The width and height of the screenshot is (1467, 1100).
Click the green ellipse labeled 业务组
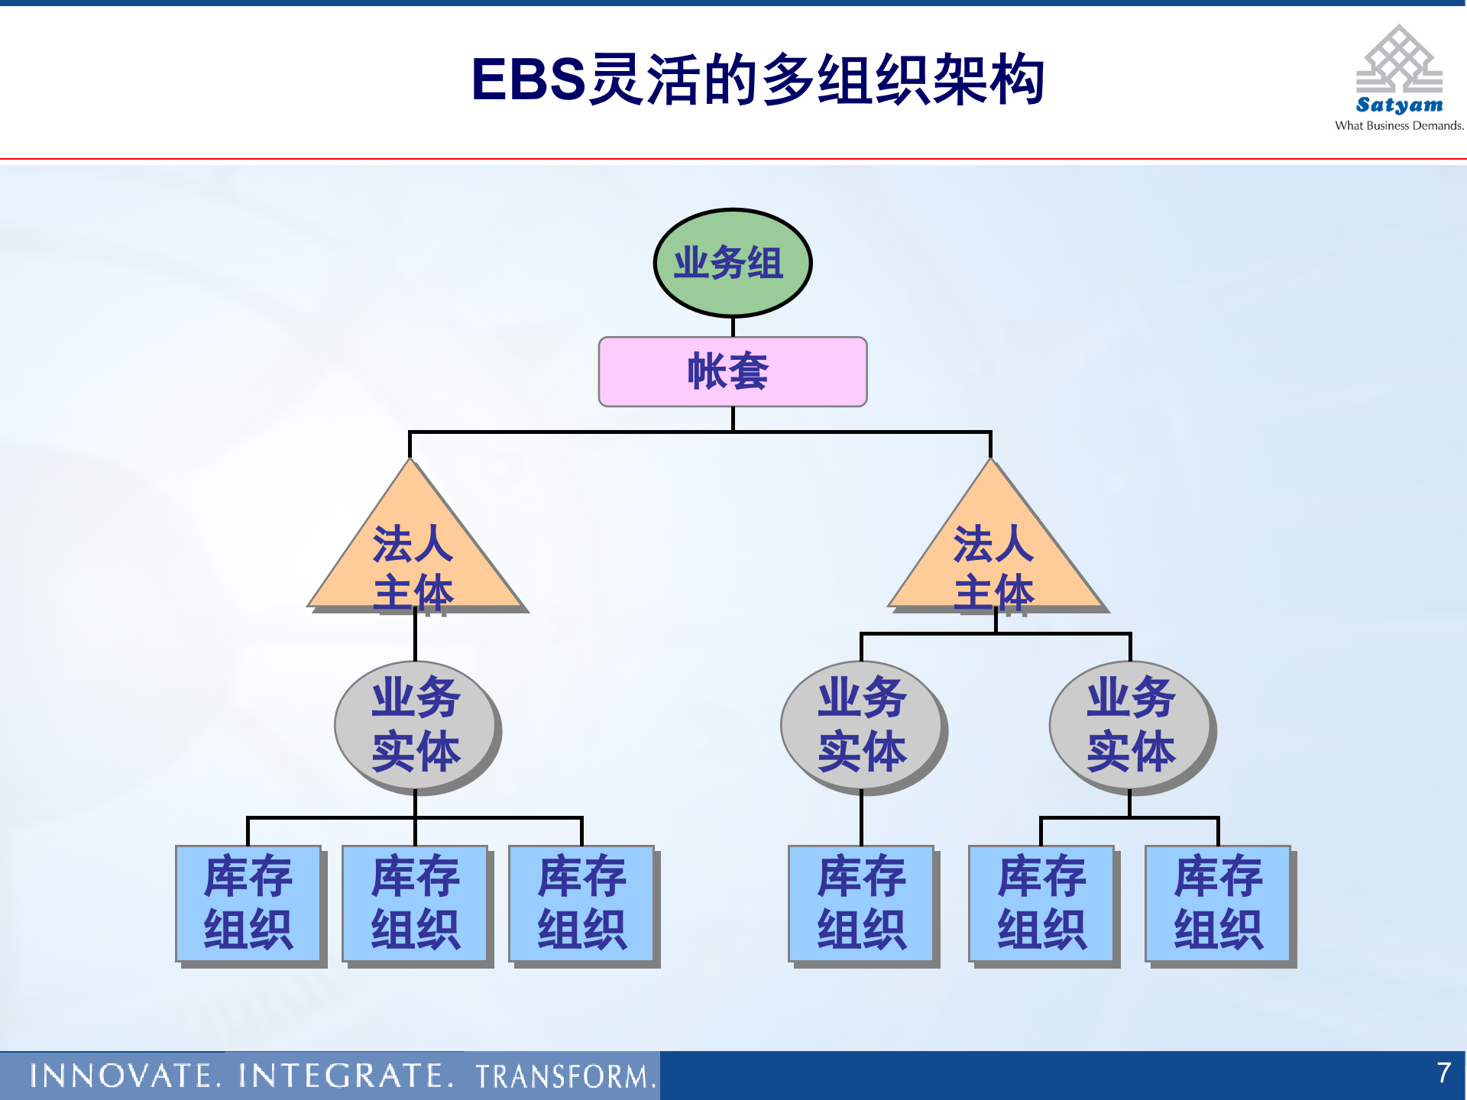pos(732,263)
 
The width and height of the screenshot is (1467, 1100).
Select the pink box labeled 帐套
pos(732,372)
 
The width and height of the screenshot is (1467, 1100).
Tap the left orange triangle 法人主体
pos(414,558)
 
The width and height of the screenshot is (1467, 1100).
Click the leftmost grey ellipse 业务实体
pos(416,726)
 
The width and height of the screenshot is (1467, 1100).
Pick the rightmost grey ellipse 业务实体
pos(1131,726)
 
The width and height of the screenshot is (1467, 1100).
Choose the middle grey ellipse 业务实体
pos(862,726)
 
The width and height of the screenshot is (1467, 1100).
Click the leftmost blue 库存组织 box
pos(248,903)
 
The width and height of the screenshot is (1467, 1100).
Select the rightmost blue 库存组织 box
pos(1218,903)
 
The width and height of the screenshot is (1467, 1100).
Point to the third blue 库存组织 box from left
pos(581,903)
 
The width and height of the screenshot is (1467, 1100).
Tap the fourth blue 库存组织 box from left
pos(861,903)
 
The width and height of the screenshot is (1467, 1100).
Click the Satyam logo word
pos(1399,105)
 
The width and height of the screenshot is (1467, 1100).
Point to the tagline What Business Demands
pos(1398,126)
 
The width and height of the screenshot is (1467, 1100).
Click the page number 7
pos(1443,1072)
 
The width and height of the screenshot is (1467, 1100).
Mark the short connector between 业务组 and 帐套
pos(733,327)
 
